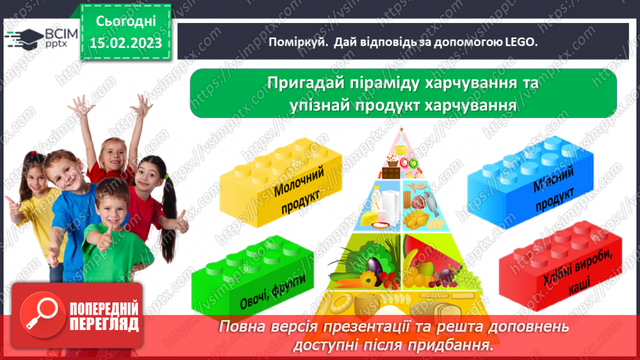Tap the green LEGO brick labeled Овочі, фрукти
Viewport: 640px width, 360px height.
coord(250,278)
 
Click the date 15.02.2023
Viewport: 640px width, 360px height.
coord(125,43)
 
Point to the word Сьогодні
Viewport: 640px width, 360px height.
coord(125,21)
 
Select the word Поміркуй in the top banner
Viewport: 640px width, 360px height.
coord(297,42)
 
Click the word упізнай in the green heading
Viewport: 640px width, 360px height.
coord(326,105)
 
